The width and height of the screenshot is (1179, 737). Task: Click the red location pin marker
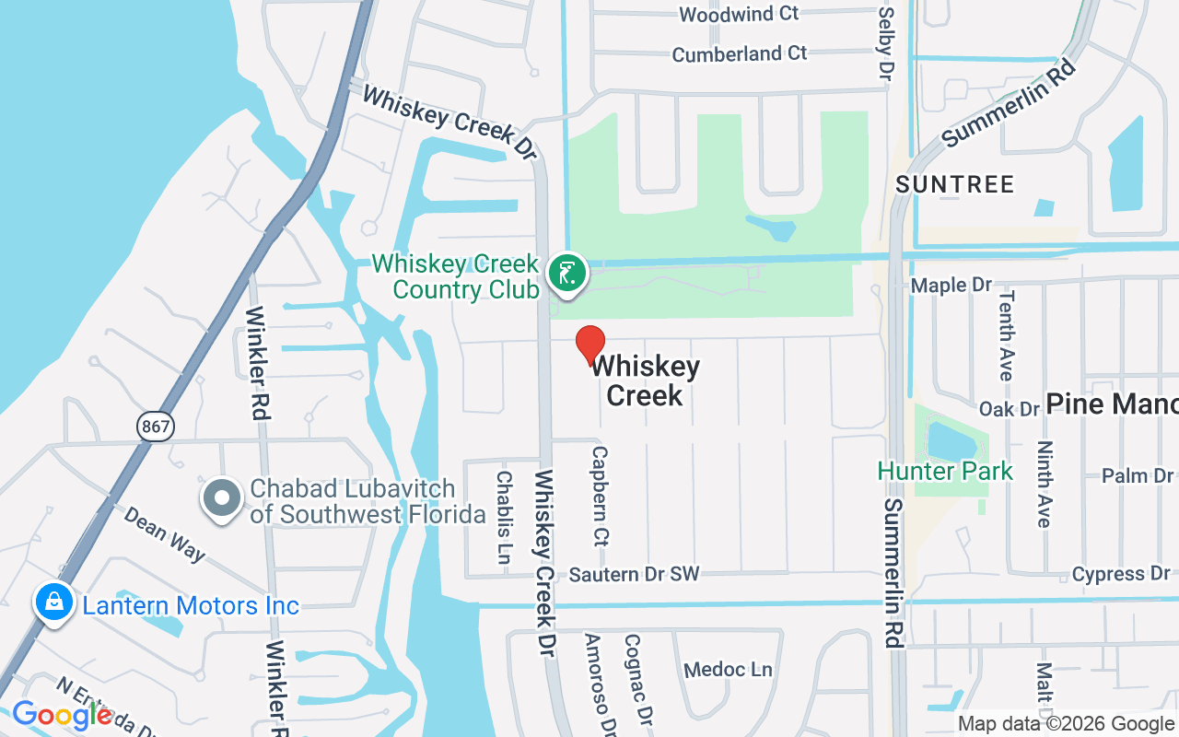tap(590, 345)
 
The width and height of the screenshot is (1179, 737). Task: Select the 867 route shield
tap(155, 426)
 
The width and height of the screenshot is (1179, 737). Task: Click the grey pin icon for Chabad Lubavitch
tap(221, 498)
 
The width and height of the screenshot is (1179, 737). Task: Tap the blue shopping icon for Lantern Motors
tap(54, 603)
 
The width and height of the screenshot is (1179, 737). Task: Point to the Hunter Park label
tap(945, 471)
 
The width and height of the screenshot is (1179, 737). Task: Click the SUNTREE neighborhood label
tap(954, 184)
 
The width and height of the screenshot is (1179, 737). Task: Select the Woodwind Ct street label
tap(739, 14)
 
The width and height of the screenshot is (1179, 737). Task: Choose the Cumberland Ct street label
tap(739, 54)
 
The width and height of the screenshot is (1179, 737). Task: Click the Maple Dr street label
tap(951, 286)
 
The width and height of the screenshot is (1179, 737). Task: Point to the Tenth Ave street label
tap(1005, 335)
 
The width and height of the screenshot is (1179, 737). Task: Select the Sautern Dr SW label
tap(634, 575)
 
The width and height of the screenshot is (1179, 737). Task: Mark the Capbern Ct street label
tap(601, 496)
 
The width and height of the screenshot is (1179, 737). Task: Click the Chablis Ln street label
tap(504, 517)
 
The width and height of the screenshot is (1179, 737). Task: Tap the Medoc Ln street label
tap(728, 670)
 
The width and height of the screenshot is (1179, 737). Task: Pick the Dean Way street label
tap(165, 533)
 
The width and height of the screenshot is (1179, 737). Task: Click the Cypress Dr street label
tap(1120, 574)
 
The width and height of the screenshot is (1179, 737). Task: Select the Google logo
tap(62, 715)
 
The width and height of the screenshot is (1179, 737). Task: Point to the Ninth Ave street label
tap(1044, 484)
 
